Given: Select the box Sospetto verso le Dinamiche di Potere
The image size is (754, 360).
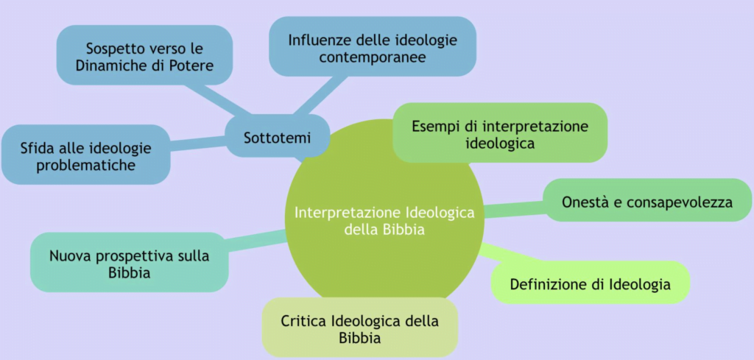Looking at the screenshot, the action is tap(145, 55).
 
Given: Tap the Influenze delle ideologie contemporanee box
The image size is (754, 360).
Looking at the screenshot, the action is tap(373, 46).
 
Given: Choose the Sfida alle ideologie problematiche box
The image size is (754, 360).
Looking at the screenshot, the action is tap(86, 155).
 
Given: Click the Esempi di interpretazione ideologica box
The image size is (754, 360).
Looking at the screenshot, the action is tap(500, 133).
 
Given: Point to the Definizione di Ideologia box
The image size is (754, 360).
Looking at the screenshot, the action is tap(591, 283).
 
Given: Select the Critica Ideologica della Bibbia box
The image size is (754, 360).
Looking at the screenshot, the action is tap(359, 328).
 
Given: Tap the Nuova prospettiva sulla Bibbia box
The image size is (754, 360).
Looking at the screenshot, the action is tap(130, 262).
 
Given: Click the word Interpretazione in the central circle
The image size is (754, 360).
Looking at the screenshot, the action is tap(348, 213).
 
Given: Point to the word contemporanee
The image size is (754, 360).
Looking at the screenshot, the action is tap(373, 57).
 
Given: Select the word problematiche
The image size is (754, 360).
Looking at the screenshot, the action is tap(85, 165).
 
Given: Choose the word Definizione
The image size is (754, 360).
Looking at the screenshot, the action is tap(547, 283).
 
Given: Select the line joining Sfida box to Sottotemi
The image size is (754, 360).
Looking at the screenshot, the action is tap(198, 144).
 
